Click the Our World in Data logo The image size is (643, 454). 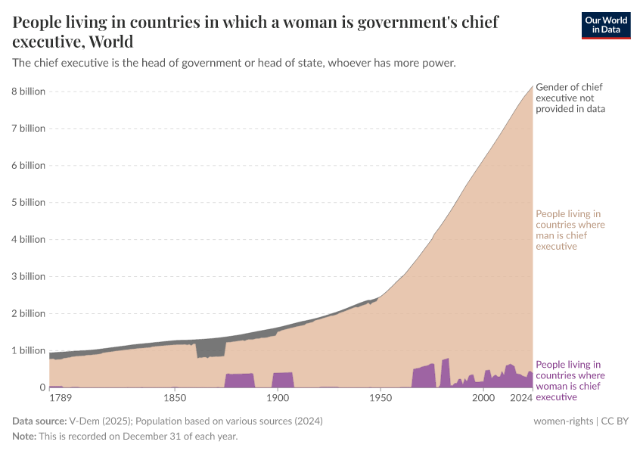pyautogui.click(x=605, y=25)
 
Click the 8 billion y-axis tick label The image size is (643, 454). pyautogui.click(x=28, y=92)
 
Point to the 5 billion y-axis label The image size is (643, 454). pyautogui.click(x=28, y=203)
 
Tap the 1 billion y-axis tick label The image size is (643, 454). pyautogui.click(x=28, y=350)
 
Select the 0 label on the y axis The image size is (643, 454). pyautogui.click(x=42, y=387)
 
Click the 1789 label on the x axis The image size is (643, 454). pyautogui.click(x=62, y=398)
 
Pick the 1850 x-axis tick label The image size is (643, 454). pyautogui.click(x=175, y=398)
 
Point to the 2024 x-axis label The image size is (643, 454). pyautogui.click(x=522, y=398)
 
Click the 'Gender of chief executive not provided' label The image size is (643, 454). pyautogui.click(x=570, y=98)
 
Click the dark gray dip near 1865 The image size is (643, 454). pyautogui.click(x=210, y=349)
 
